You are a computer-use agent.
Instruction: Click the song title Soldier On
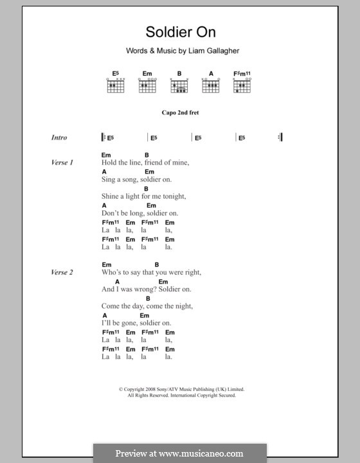[180, 32]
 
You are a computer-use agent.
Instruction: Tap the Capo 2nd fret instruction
[180, 113]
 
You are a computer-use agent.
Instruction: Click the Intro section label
[59, 138]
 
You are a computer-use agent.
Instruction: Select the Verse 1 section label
[62, 163]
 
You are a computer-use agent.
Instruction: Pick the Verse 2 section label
[62, 273]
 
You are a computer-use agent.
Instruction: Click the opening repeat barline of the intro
[103, 137]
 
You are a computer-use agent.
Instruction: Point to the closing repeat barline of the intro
[280, 137]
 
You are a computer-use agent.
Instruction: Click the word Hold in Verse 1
[109, 163]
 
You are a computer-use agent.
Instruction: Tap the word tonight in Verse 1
[172, 197]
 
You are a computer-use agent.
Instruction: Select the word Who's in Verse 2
[111, 273]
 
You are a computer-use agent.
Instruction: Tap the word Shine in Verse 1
[110, 197]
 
